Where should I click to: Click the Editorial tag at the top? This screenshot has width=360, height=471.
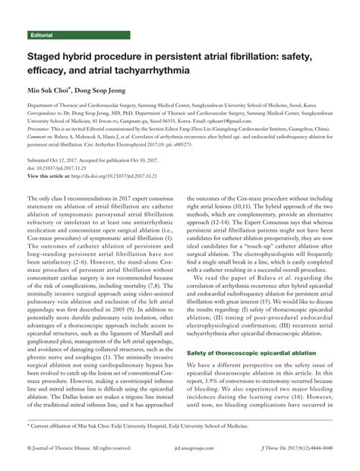click(41, 36)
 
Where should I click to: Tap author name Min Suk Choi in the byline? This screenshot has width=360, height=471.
click(49, 91)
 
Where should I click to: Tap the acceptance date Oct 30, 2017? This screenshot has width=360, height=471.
click(152, 163)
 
